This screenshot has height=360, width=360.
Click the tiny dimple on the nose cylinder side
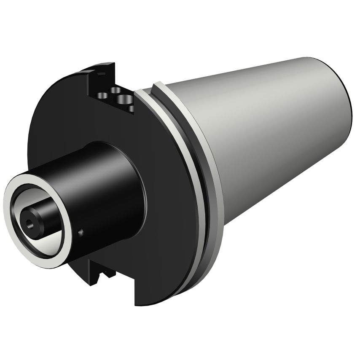coord(81,233)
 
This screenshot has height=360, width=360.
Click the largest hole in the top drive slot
coord(123,99)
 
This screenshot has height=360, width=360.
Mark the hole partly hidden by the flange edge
coord(131,109)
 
